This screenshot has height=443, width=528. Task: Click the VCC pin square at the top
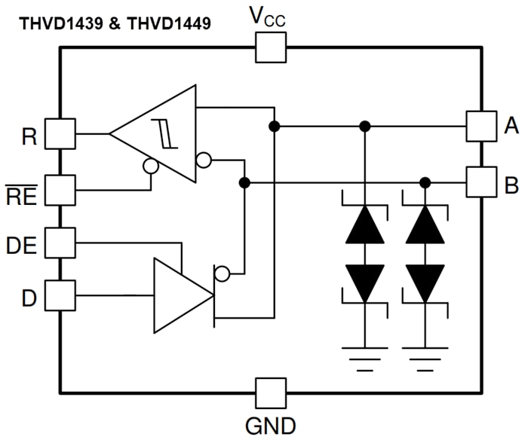pos(271,47)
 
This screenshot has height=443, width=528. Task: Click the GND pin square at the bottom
pos(271,393)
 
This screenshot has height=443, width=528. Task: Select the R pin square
pos(60,134)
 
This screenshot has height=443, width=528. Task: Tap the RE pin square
pos(60,189)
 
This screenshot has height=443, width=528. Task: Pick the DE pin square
pos(60,243)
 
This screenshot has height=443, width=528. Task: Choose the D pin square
pos(60,295)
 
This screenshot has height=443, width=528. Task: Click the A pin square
pos(481,126)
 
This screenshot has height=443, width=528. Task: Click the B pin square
pos(481,182)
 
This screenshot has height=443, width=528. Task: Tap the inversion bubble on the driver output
pos(222,273)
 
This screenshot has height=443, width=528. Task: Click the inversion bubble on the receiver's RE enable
pos(151,167)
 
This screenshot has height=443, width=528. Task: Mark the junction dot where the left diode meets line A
pos(365,126)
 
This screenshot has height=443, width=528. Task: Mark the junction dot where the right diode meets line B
pos(425,182)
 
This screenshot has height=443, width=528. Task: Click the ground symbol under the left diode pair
pos(365,355)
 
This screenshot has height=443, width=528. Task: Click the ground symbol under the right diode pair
pos(425,355)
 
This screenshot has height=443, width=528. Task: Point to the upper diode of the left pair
pos(365,224)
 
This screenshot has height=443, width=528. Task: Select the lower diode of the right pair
pos(425,283)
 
